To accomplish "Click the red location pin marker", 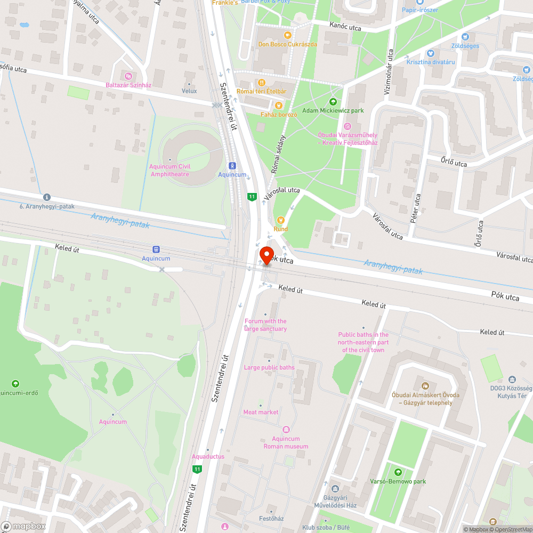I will pyautogui.click(x=266, y=255).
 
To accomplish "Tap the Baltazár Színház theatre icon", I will pyautogui.click(x=127, y=75).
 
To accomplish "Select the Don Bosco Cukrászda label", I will pyautogui.click(x=287, y=44).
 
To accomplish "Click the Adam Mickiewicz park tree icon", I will pyautogui.click(x=333, y=101).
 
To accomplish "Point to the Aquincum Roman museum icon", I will pyautogui.click(x=286, y=430).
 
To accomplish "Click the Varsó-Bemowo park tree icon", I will pyautogui.click(x=398, y=472).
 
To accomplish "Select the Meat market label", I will pyautogui.click(x=261, y=412).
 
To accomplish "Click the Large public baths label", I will pyautogui.click(x=269, y=368).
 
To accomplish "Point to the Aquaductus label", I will pyautogui.click(x=208, y=457).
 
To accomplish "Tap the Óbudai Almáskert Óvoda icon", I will pyautogui.click(x=425, y=385).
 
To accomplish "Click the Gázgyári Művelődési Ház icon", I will pyautogui.click(x=335, y=488).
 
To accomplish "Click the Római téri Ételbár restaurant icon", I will pyautogui.click(x=261, y=83).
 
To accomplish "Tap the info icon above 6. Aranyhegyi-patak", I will pyautogui.click(x=47, y=197).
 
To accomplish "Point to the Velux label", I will pyautogui.click(x=189, y=91).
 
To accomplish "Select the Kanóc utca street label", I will pyautogui.click(x=345, y=28).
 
